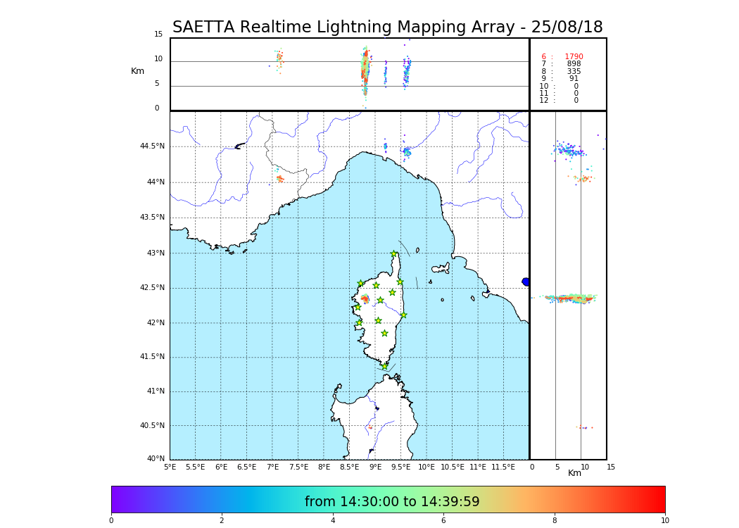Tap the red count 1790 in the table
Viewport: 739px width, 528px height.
point(574,57)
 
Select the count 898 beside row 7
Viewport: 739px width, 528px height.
point(574,64)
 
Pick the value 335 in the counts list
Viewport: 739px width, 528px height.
point(574,72)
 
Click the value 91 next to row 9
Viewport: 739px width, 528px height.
point(574,79)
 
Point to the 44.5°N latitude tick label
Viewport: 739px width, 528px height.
point(152,146)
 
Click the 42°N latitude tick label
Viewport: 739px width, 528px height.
point(155,323)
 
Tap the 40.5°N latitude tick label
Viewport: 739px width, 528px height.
point(152,426)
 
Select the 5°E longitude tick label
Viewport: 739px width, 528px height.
point(170,467)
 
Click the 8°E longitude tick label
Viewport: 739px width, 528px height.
point(324,467)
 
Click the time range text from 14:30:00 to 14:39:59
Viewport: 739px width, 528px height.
point(392,502)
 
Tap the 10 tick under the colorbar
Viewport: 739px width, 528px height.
point(664,521)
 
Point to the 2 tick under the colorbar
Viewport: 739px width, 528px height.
point(222,521)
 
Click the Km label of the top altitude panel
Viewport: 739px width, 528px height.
point(137,71)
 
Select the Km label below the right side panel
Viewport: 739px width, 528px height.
point(574,473)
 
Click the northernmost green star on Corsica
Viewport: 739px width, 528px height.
point(394,254)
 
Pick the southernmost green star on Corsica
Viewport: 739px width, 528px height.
point(385,366)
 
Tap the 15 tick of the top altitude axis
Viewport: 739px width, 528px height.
point(158,34)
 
